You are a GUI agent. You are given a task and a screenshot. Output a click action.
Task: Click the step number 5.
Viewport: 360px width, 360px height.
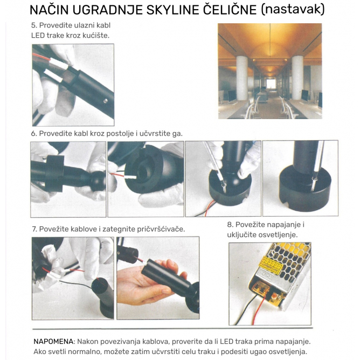click(x=34, y=25)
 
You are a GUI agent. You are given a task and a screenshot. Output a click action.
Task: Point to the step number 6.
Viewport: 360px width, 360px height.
click(x=34, y=133)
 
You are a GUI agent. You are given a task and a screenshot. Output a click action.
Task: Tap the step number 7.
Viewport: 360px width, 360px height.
click(x=34, y=229)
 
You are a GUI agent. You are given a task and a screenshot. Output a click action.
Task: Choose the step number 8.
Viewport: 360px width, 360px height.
click(x=230, y=225)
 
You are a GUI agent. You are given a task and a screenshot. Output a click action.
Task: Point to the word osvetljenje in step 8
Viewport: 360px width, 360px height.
click(x=278, y=234)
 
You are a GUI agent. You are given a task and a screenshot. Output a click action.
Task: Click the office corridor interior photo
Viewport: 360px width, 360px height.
click(x=269, y=71)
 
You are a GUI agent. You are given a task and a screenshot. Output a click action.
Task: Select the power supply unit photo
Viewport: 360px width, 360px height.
click(x=269, y=283)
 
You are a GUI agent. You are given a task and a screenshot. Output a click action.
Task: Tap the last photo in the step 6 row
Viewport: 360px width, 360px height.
click(x=300, y=178)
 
